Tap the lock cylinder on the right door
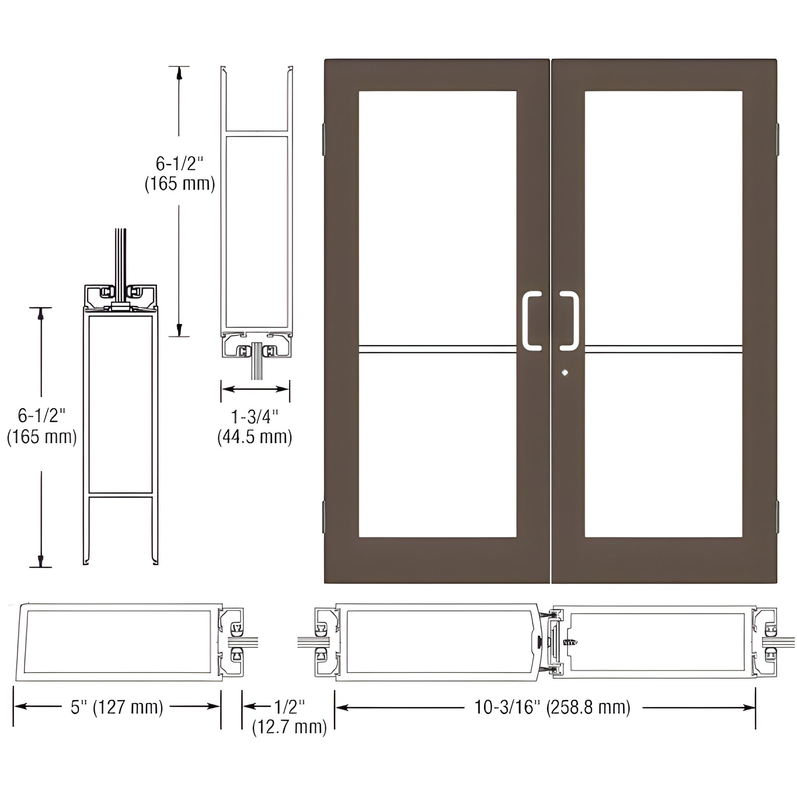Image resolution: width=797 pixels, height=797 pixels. click(x=565, y=373)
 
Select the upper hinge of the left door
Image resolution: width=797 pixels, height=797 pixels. click(x=324, y=138)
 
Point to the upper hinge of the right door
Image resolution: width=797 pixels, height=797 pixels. click(x=778, y=138)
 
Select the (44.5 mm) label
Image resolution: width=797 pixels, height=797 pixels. click(x=254, y=437)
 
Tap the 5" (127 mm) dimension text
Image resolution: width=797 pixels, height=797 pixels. click(x=117, y=707)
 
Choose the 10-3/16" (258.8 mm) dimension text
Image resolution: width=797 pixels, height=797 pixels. click(x=552, y=707)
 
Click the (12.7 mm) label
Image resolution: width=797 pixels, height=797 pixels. click(x=289, y=727)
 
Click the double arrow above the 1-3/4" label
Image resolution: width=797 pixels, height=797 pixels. click(x=255, y=389)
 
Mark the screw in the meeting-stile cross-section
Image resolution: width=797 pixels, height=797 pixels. click(x=571, y=642)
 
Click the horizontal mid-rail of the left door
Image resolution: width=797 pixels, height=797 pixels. click(x=437, y=349)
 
